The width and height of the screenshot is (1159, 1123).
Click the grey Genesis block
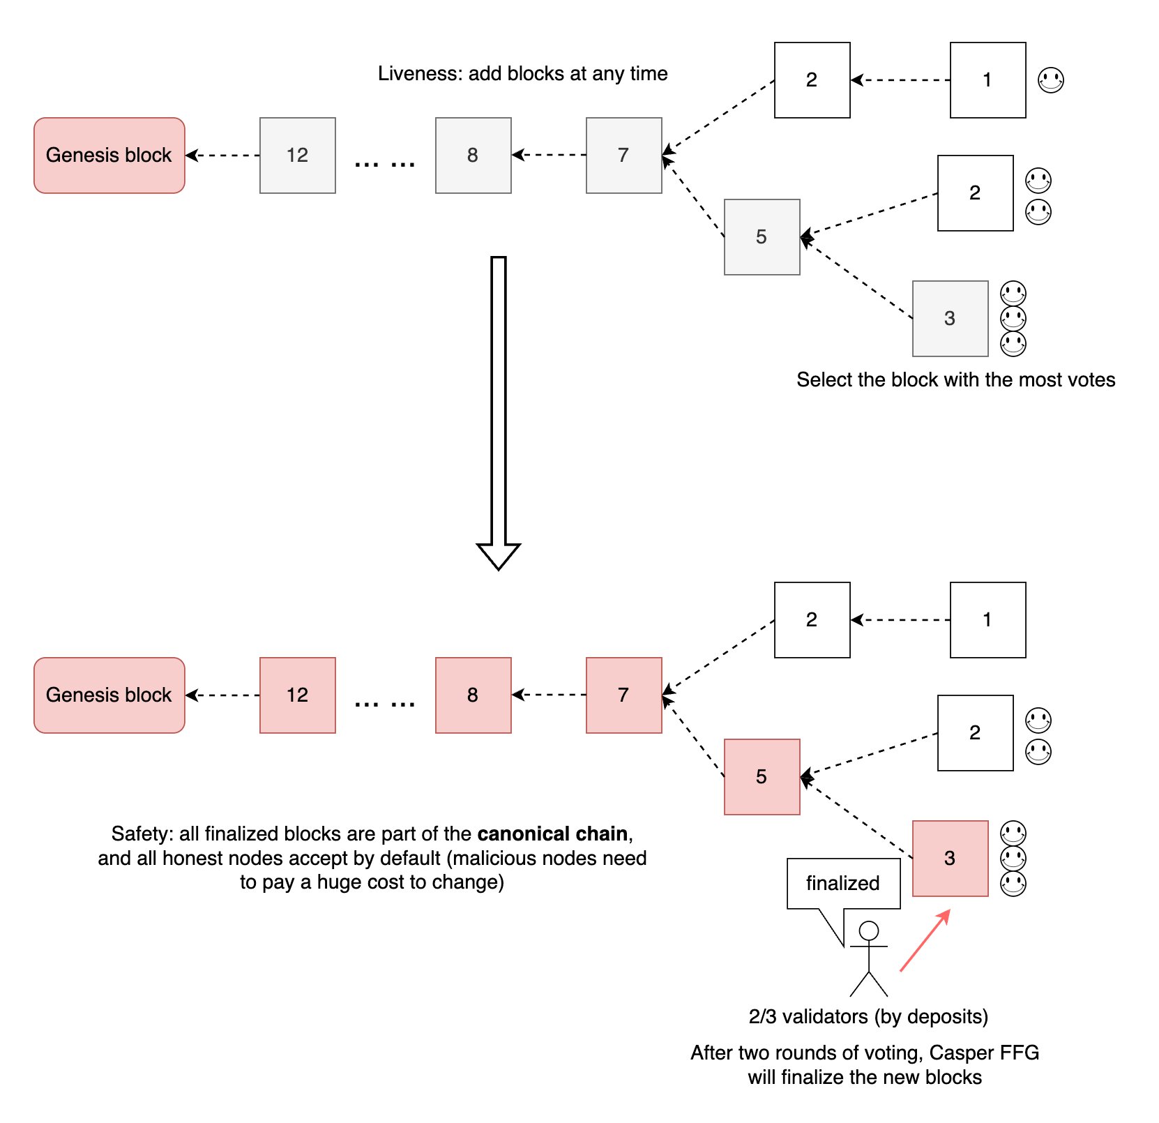pyautogui.click(x=109, y=155)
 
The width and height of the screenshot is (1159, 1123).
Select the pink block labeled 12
pyautogui.click(x=297, y=695)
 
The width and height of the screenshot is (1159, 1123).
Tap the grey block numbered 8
pyautogui.click(x=473, y=155)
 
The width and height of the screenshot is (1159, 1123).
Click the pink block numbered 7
pyautogui.click(x=623, y=695)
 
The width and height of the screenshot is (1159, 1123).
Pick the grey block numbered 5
pyautogui.click(x=762, y=237)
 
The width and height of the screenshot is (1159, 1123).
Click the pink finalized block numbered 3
pyautogui.click(x=950, y=858)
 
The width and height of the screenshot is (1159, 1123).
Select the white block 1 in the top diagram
pyautogui.click(x=987, y=80)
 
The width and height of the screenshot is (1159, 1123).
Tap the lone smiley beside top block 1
pyautogui.click(x=1051, y=80)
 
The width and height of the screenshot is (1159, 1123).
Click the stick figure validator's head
pyautogui.click(x=869, y=930)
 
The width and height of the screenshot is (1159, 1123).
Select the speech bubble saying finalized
pyautogui.click(x=843, y=883)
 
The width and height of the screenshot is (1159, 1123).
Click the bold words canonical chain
pyautogui.click(x=552, y=834)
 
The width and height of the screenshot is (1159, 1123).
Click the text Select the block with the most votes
pyautogui.click(x=955, y=379)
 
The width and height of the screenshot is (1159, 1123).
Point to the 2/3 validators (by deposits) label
pyautogui.click(x=868, y=1016)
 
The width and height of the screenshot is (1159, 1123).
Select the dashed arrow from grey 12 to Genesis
pyautogui.click(x=223, y=155)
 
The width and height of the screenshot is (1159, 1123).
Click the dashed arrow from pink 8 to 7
pyautogui.click(x=549, y=695)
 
